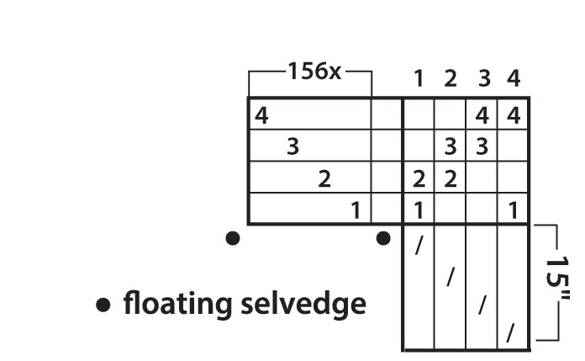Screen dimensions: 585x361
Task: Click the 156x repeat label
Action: click(x=314, y=71)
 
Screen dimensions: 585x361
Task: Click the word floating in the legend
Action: click(x=177, y=304)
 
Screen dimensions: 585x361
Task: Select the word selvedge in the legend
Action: click(x=303, y=303)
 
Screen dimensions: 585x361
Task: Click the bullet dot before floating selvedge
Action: click(x=103, y=305)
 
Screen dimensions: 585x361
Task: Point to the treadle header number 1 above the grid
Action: click(x=419, y=79)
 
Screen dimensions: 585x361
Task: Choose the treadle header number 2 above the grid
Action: click(x=451, y=79)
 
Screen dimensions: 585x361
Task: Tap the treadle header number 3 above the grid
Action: click(x=484, y=79)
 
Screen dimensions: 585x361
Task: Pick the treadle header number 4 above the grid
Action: click(x=514, y=78)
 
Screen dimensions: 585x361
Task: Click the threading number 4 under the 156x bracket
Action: click(x=261, y=115)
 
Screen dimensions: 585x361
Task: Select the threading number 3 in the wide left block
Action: click(x=292, y=146)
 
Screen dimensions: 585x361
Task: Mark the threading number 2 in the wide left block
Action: click(x=324, y=178)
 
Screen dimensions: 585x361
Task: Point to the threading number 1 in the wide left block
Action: click(x=356, y=210)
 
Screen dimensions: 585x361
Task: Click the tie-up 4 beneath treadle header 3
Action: click(x=482, y=115)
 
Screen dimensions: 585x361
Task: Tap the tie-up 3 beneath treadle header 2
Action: click(x=451, y=146)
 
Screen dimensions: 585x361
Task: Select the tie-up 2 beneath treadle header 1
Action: click(x=419, y=178)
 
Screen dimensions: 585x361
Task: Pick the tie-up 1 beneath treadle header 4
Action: click(x=514, y=210)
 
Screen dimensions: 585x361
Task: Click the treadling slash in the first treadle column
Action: click(x=419, y=246)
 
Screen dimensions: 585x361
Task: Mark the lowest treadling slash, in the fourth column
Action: click(x=510, y=333)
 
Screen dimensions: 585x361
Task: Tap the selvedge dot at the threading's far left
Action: click(x=233, y=238)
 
